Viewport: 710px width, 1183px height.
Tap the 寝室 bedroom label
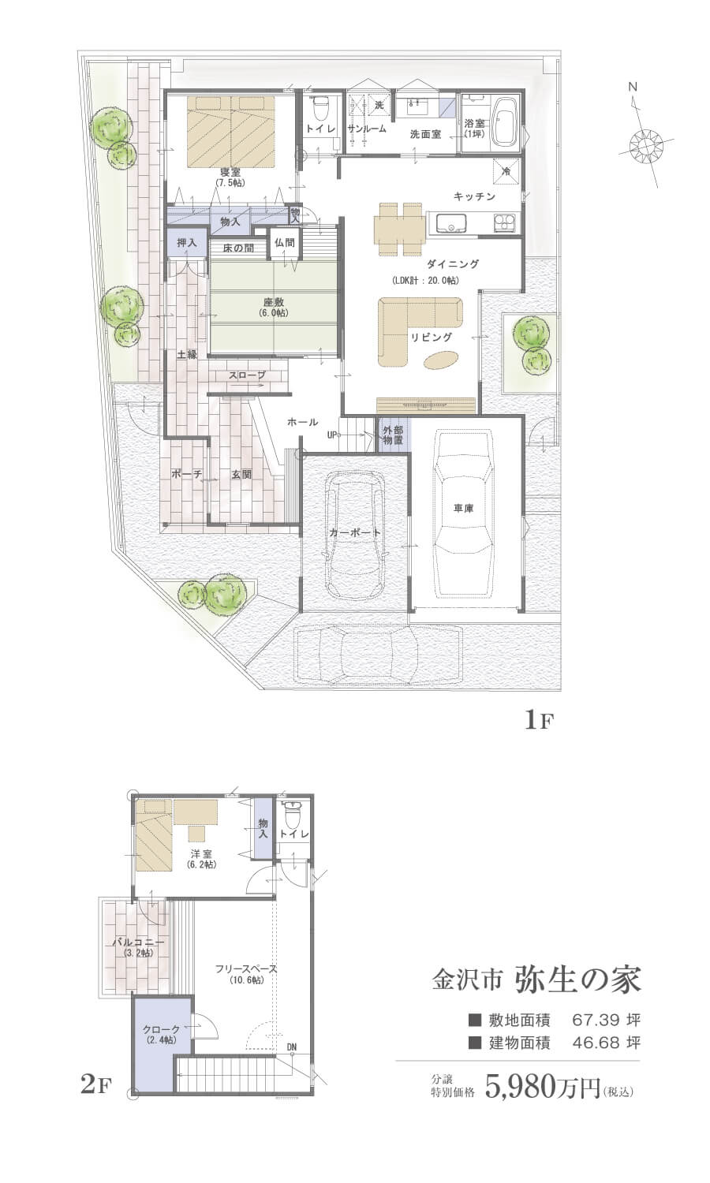point(231,172)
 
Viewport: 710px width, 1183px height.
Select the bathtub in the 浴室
point(506,122)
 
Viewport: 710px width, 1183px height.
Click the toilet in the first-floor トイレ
point(320,108)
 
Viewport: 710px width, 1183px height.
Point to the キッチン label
point(474,196)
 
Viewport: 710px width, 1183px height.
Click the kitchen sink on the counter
point(450,222)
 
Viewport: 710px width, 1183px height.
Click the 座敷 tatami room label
point(274,302)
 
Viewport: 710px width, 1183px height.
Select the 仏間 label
point(284,243)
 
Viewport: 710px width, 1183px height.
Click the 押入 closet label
point(187,243)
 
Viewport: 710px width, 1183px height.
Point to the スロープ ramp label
point(247,375)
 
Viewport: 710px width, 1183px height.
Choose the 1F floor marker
point(538,720)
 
